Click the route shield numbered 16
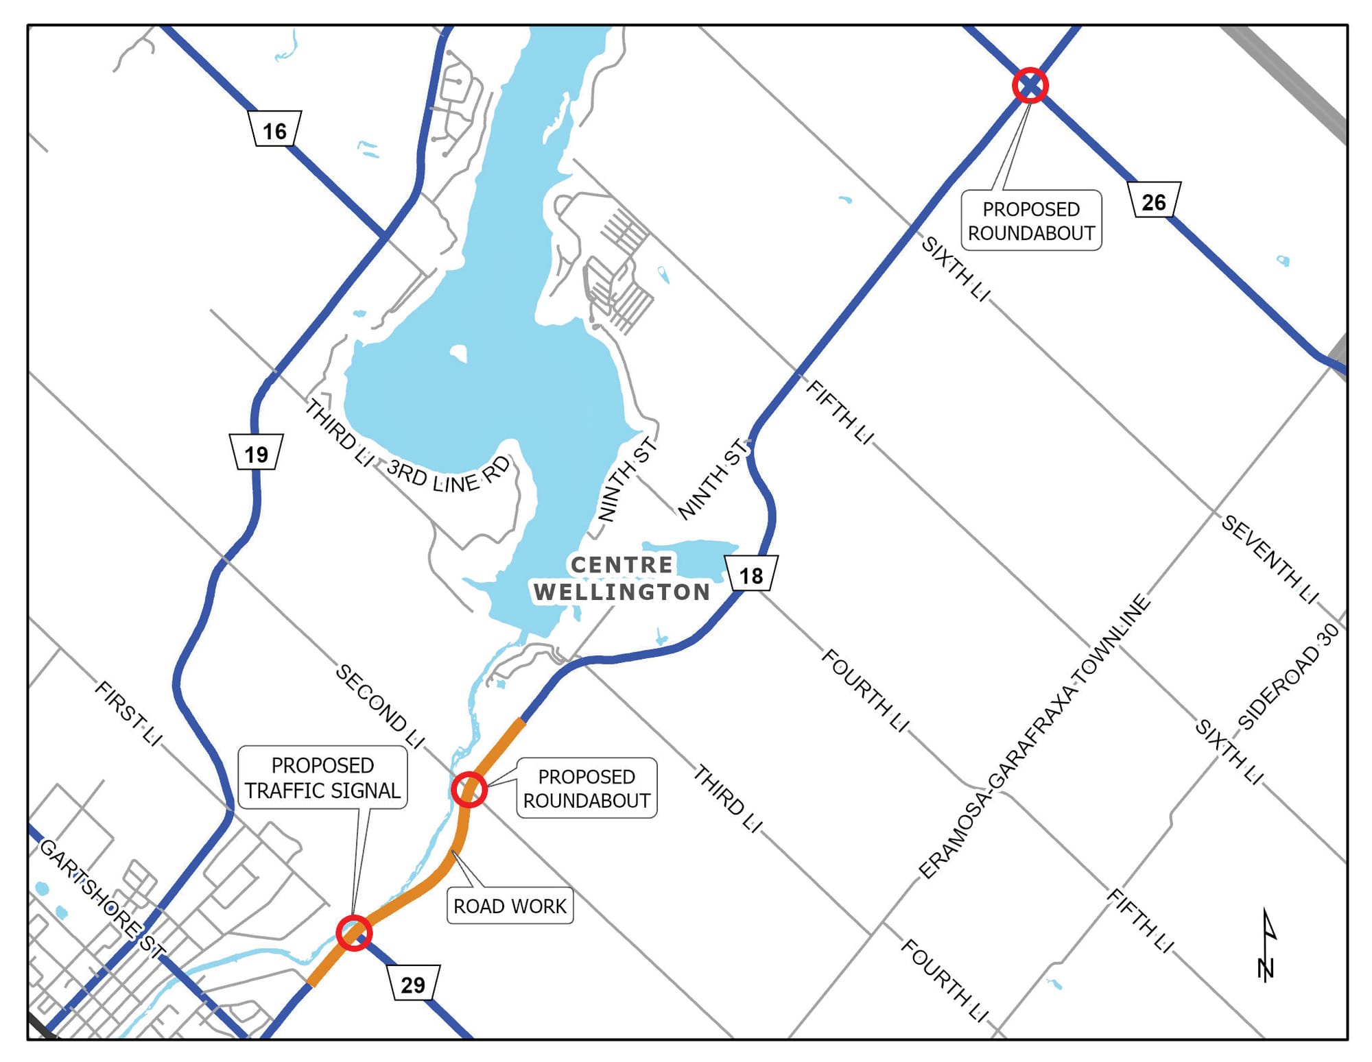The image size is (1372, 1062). tap(274, 129)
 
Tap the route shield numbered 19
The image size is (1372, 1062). tap(256, 452)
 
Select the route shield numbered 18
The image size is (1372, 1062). tap(751, 574)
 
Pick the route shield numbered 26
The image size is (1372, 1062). tap(1154, 200)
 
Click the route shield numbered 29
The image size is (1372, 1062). tap(413, 983)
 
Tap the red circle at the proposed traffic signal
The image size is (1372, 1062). tap(354, 932)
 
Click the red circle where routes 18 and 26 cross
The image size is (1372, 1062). tap(1030, 86)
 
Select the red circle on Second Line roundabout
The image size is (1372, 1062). tap(469, 790)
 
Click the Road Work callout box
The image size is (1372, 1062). tap(510, 906)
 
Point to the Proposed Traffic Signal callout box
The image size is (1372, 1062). tap(322, 777)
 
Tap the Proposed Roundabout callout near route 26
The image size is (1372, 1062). tap(1031, 220)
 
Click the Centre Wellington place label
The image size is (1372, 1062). tap(622, 578)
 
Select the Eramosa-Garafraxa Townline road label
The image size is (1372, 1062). tap(1034, 736)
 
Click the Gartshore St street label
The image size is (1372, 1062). tap(102, 899)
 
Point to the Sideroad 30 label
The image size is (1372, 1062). tap(1288, 676)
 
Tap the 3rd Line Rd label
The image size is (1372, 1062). tap(449, 475)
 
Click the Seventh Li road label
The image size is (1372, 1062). tap(1269, 559)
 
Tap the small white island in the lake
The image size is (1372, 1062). tap(459, 353)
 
